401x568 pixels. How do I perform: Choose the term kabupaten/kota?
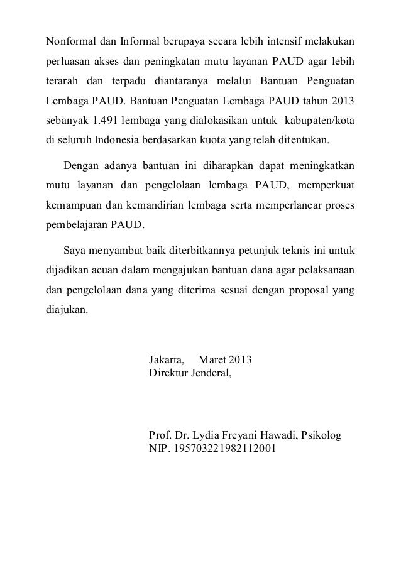321,119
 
